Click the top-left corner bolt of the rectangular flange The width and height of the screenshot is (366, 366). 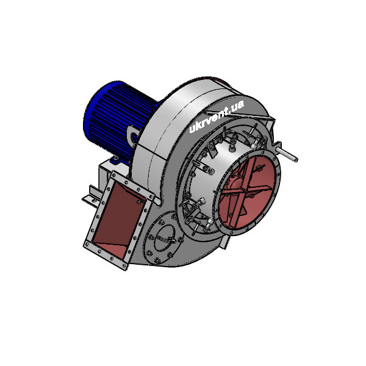pos(113,175)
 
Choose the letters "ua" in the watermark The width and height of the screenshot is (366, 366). pos(237,106)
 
